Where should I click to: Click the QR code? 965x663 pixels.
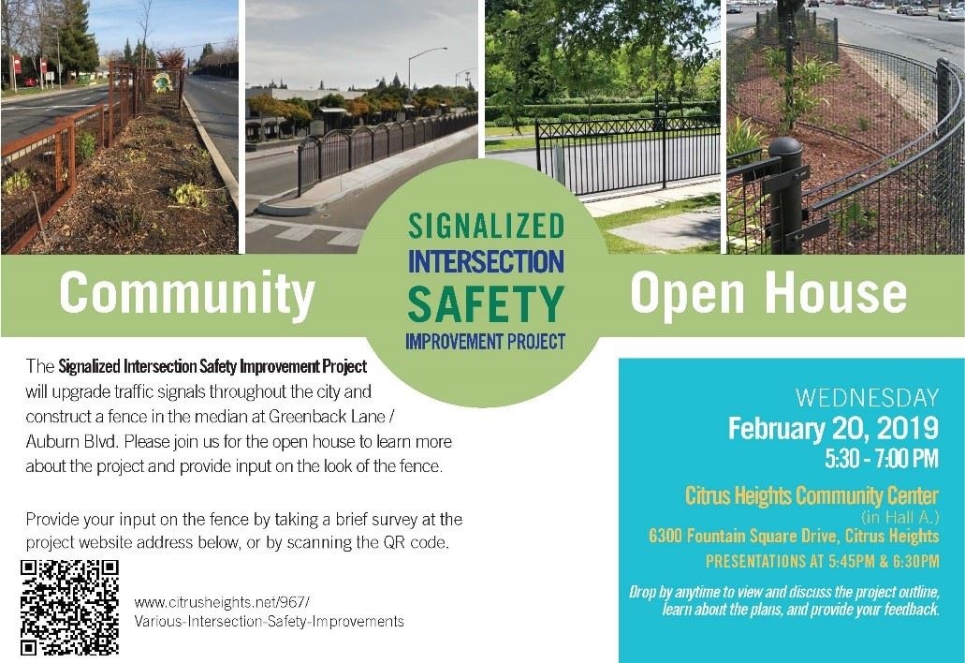click(x=69, y=607)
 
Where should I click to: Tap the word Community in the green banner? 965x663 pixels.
click(x=187, y=294)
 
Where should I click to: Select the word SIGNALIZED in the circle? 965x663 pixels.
click(x=486, y=226)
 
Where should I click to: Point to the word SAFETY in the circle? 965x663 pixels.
click(x=486, y=303)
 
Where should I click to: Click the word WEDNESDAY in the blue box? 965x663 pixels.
click(x=867, y=398)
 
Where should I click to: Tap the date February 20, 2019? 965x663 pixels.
click(x=833, y=429)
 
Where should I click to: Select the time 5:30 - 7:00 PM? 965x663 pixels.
click(x=882, y=459)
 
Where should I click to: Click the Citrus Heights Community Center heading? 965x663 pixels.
click(x=811, y=495)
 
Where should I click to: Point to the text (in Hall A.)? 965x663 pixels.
click(x=900, y=517)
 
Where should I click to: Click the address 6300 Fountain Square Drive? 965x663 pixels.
click(x=742, y=536)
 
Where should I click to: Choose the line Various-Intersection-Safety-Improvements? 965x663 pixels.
click(x=269, y=621)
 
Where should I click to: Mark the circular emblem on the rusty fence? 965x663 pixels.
click(x=163, y=82)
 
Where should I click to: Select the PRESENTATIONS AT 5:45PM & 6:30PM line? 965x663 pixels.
click(x=822, y=562)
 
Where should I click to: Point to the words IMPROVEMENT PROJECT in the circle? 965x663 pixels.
click(x=486, y=341)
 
